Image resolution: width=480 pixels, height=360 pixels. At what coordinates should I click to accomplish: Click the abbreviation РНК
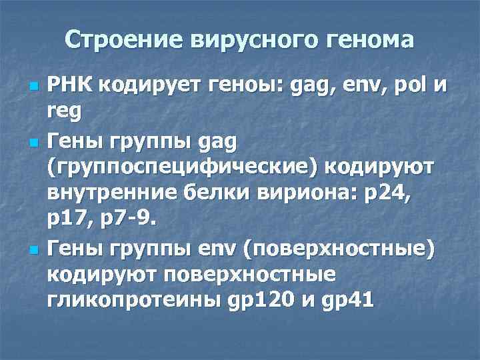click(70, 88)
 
